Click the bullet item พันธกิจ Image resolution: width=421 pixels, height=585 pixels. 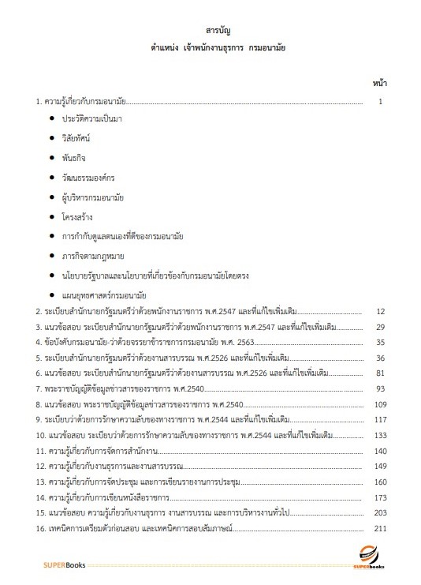pyautogui.click(x=76, y=157)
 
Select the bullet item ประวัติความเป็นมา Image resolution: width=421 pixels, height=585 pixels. pyautogui.click(x=93, y=118)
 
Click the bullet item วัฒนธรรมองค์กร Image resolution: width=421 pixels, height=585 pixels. pyautogui.click(x=87, y=177)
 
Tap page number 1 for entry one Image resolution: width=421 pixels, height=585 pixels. pyautogui.click(x=381, y=101)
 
